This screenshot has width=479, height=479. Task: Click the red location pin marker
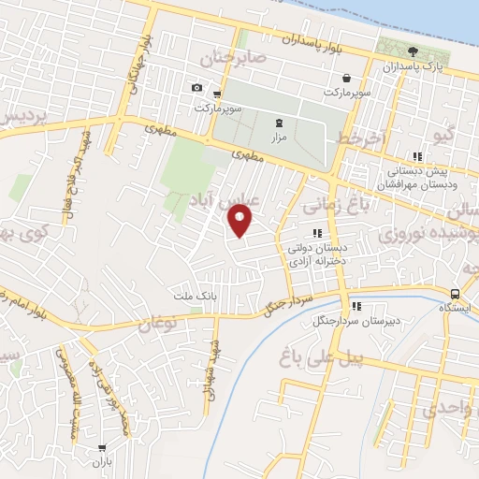[x=241, y=221]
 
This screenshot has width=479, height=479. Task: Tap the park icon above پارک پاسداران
[x=413, y=51]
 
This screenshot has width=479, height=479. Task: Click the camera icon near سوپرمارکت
[x=196, y=88]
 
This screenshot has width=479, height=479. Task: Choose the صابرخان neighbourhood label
[x=234, y=59]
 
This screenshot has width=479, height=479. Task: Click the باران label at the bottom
[x=101, y=462]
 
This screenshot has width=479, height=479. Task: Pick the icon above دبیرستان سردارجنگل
[x=356, y=306]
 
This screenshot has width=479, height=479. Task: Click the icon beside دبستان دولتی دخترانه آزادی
[x=317, y=234]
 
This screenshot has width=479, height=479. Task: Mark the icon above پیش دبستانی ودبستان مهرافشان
[x=416, y=158]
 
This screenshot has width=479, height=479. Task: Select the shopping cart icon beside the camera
[x=217, y=94]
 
